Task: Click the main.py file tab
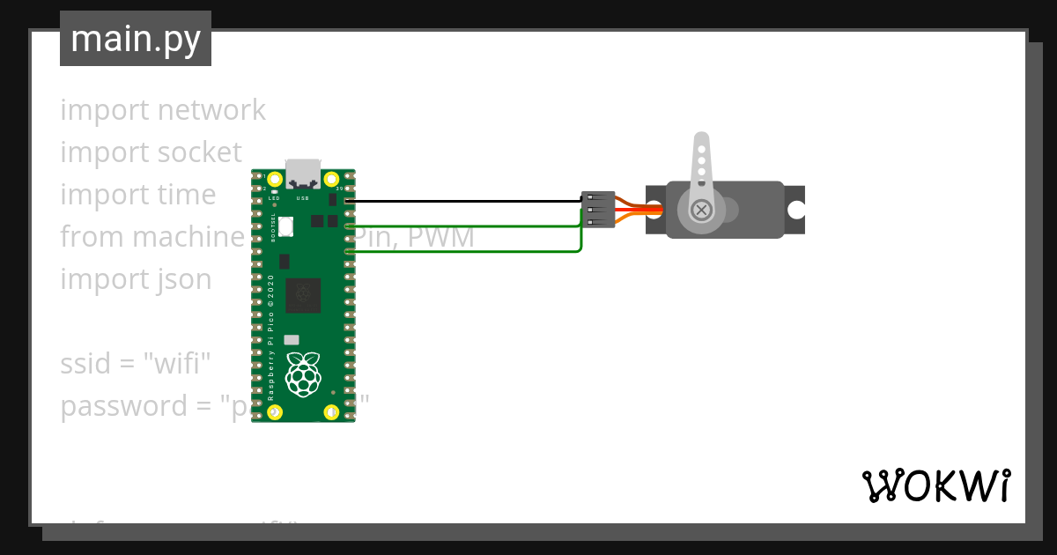point(136,39)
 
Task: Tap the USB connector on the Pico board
point(303,174)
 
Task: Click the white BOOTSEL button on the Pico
point(286,226)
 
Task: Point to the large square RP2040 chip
point(303,294)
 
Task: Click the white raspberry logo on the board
point(303,374)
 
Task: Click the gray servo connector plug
point(598,210)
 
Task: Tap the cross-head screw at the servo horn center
point(702,210)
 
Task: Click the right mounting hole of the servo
point(796,210)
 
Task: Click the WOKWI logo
point(935,486)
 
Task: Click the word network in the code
point(212,110)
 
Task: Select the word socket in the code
point(199,152)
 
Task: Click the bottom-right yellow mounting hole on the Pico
point(331,411)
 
